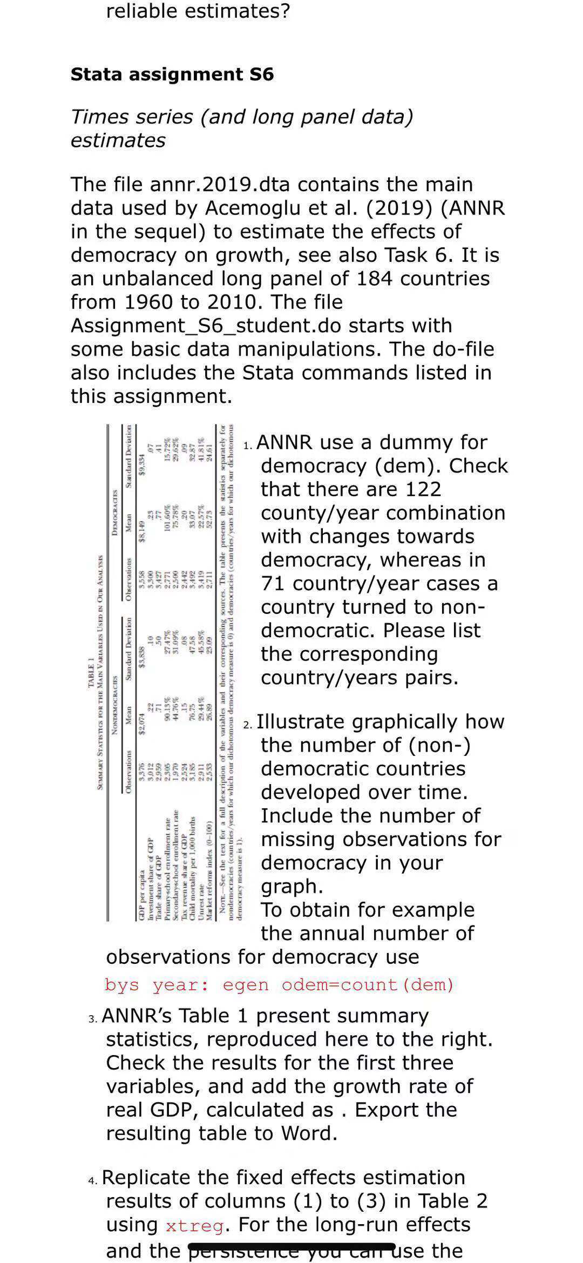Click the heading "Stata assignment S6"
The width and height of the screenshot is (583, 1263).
172,74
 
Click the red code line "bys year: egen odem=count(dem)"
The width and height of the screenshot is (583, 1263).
279,985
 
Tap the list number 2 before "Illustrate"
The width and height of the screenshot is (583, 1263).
247,725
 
